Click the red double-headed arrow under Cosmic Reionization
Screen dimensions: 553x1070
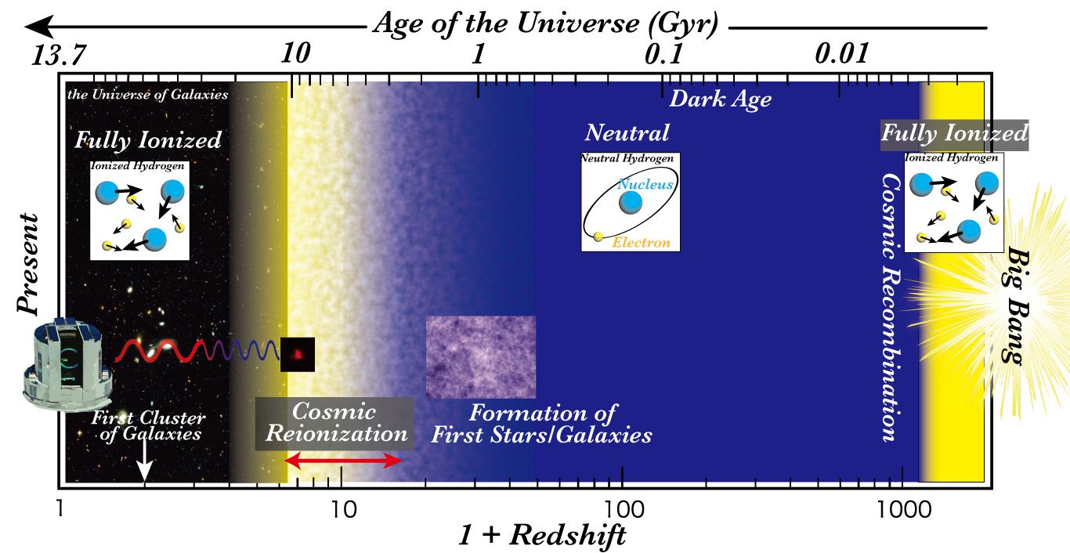343,461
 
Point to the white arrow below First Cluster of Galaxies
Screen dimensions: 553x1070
144,469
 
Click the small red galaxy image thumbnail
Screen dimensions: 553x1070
298,354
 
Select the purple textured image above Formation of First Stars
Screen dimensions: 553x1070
480,356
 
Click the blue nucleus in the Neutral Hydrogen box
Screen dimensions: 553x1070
631,202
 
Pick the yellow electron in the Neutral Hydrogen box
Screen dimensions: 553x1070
599,236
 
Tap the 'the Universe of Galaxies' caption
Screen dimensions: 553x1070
148,95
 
